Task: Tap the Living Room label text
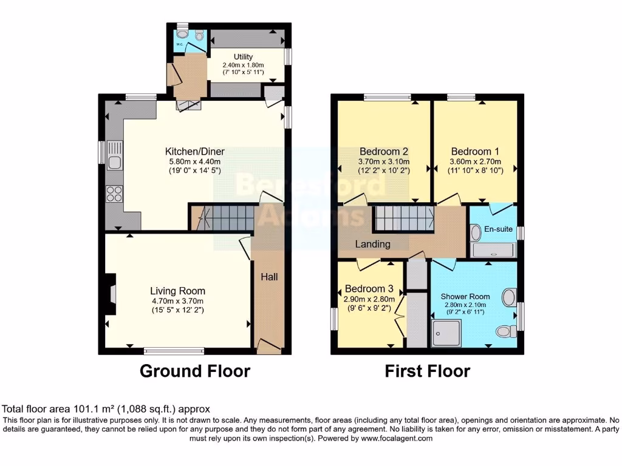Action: click(177, 291)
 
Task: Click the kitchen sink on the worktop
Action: click(114, 156)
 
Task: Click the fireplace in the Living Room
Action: click(110, 294)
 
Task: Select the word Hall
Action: click(269, 277)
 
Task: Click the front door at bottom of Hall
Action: click(269, 346)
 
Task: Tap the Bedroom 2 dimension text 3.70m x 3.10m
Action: click(383, 161)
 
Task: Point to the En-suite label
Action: click(497, 229)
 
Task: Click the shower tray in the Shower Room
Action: click(446, 334)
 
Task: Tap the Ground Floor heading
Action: click(195, 371)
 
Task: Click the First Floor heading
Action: click(427, 371)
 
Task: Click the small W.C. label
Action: click(180, 45)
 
